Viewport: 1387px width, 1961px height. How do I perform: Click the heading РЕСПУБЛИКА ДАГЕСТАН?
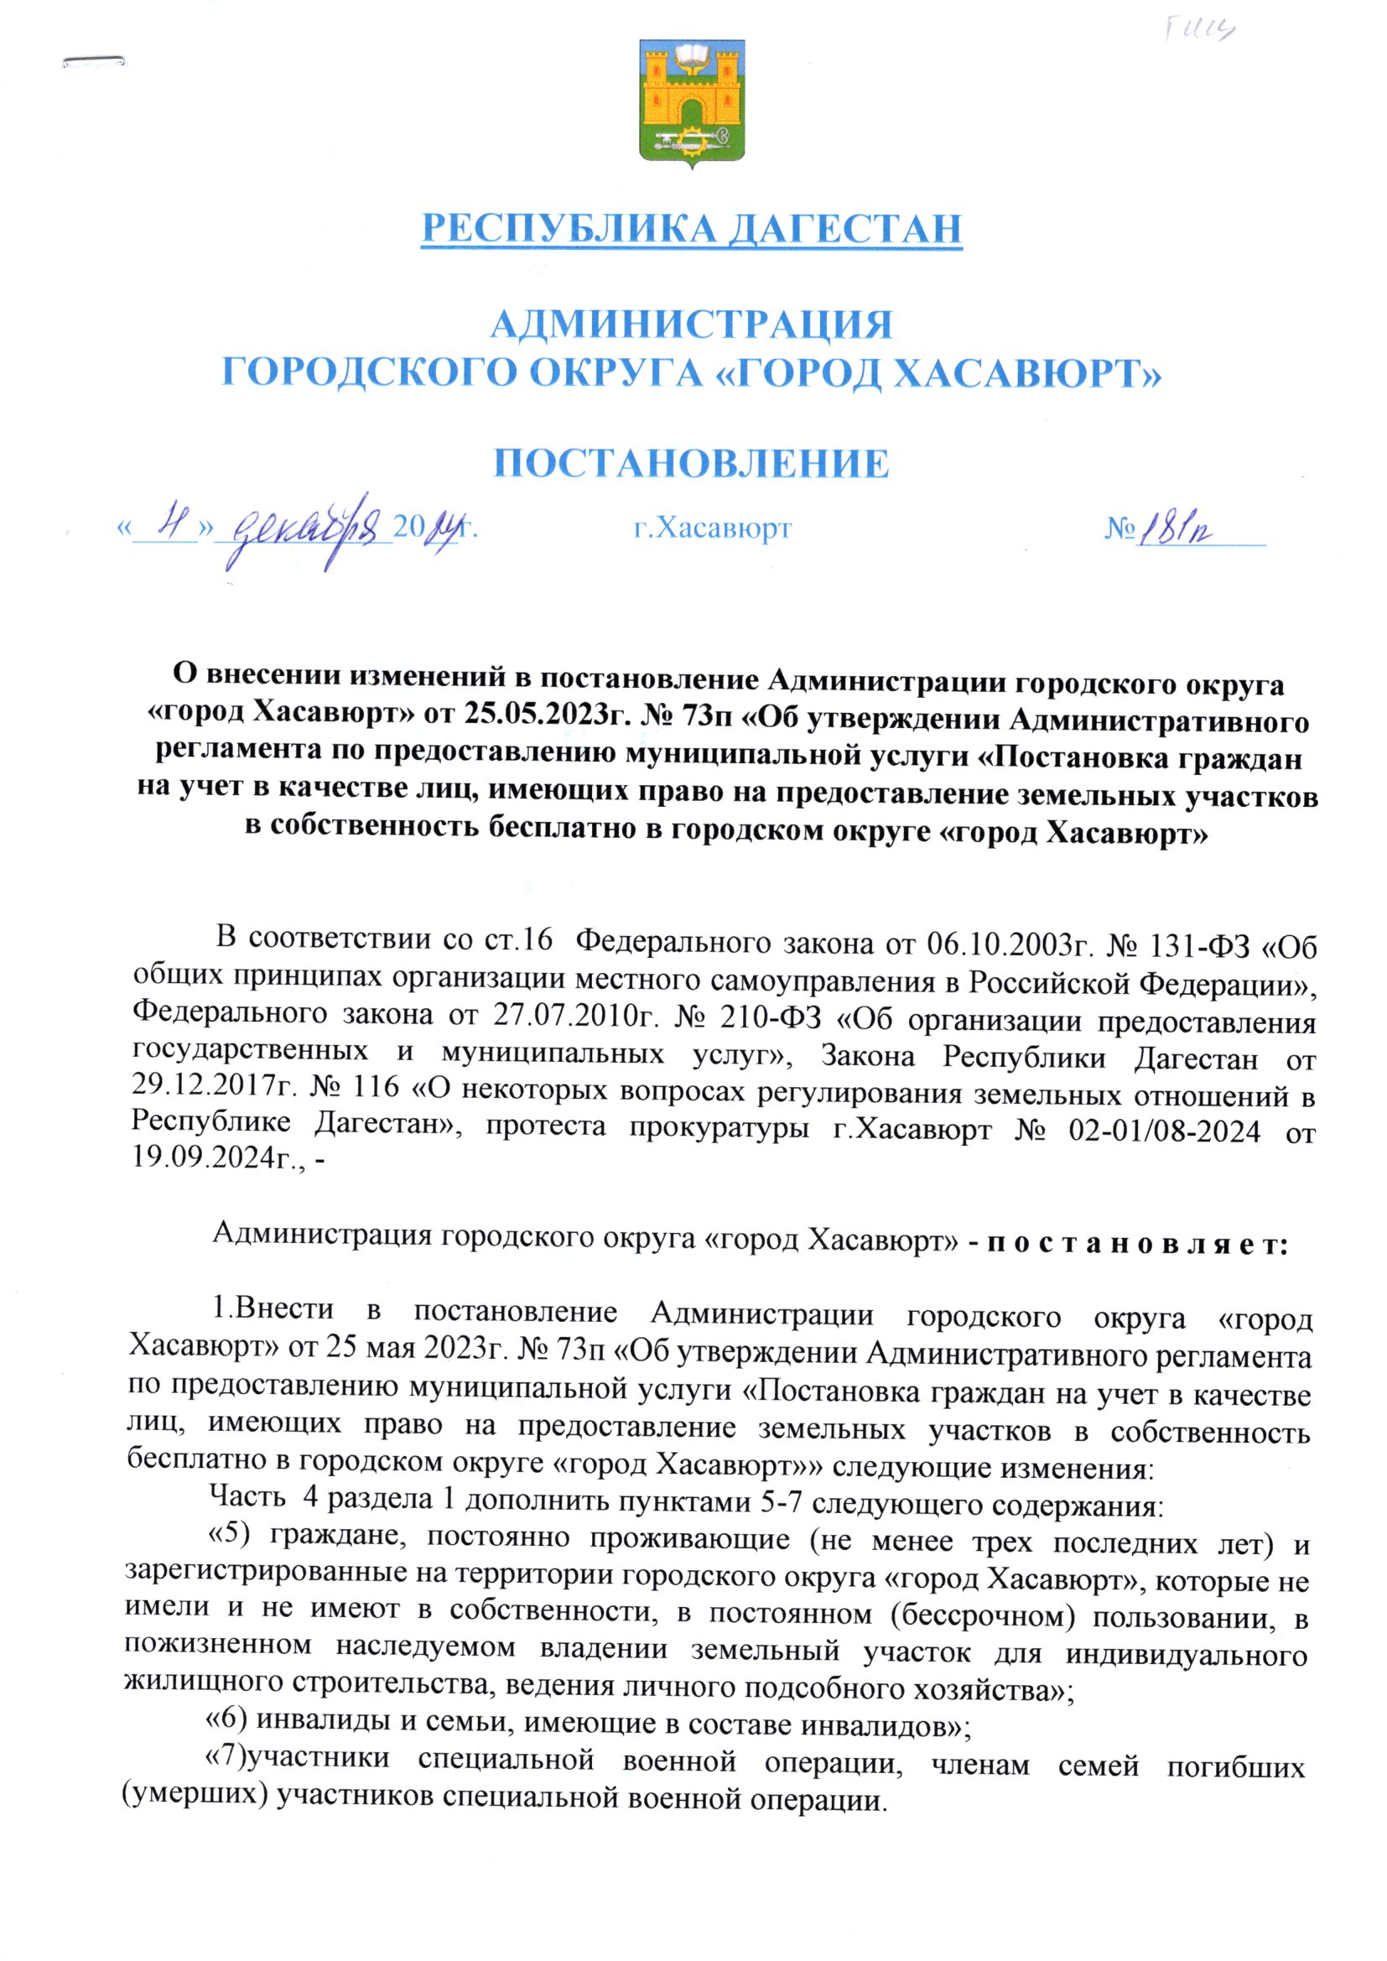coord(692,228)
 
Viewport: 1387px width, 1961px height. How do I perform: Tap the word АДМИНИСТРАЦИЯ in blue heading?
coord(693,325)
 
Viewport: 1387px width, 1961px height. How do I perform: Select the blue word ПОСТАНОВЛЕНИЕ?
coord(693,464)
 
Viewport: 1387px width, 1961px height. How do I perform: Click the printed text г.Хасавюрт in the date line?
coord(712,528)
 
